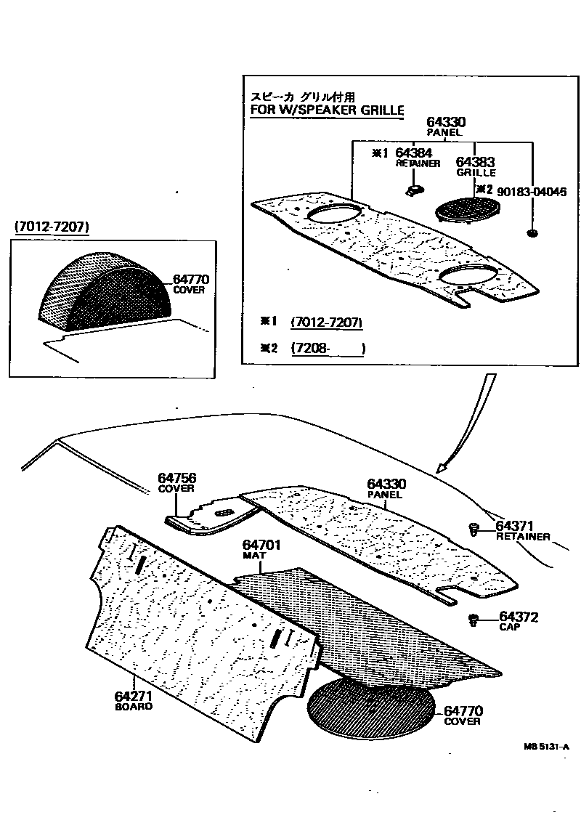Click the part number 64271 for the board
[x=134, y=695]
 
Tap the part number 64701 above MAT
[x=262, y=545]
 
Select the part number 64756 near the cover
[x=177, y=478]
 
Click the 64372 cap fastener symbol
[x=474, y=620]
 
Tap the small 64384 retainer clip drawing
[x=415, y=190]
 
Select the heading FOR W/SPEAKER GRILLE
[x=326, y=110]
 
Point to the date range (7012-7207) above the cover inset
[x=52, y=228]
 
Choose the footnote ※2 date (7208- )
[x=327, y=348]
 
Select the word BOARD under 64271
[x=134, y=706]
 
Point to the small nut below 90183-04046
[x=532, y=233]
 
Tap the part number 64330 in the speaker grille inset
[x=446, y=122]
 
